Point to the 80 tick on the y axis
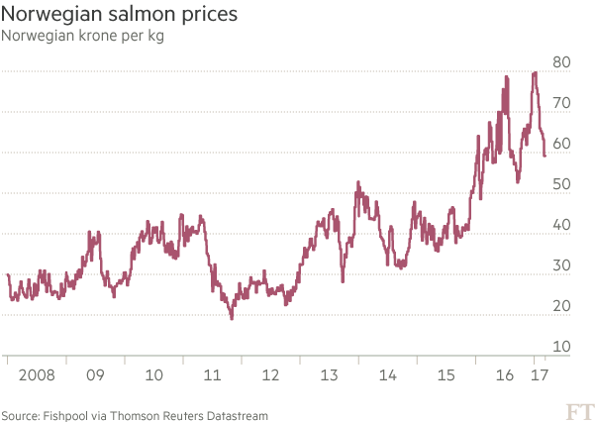pos(562,62)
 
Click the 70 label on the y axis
pos(562,103)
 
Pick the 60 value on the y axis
pos(562,144)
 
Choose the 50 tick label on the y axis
pos(562,184)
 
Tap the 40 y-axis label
pos(562,225)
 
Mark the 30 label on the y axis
pos(562,265)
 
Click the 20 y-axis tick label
pos(562,306)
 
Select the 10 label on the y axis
pos(562,347)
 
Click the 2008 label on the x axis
pos(36,376)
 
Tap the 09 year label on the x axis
pos(95,376)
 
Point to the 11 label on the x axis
pos(211,376)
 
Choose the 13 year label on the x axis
pos(329,376)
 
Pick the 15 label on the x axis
pos(446,376)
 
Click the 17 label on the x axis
pos(540,376)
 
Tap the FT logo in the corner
pos(574,410)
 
